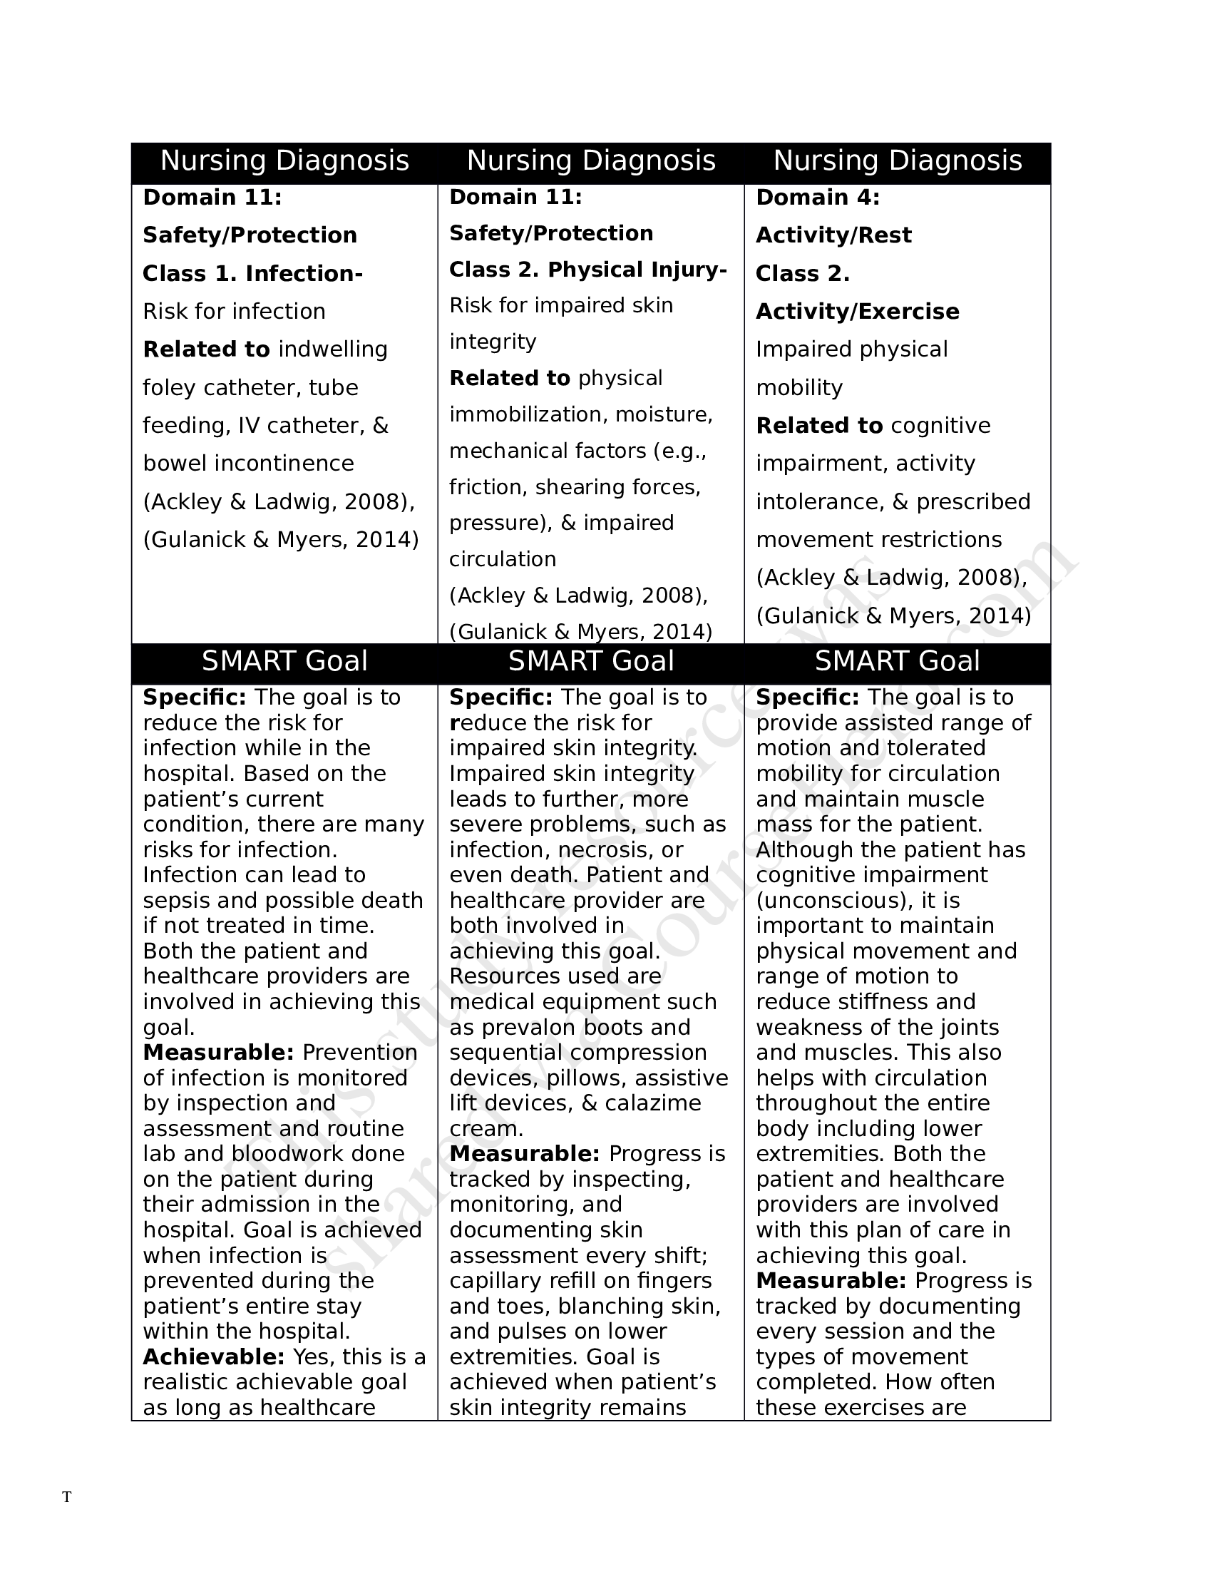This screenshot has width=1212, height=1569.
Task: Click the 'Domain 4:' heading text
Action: coord(817,197)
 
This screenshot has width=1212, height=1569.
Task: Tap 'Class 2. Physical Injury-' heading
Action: coord(587,270)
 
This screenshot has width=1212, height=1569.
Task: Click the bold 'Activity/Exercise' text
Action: coord(856,311)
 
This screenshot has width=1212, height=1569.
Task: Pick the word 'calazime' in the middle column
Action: coord(652,1103)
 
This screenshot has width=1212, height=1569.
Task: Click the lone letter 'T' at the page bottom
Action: coord(67,1497)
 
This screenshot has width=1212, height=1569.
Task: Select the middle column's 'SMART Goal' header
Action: coord(590,661)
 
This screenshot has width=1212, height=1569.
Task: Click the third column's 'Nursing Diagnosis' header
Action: coord(897,160)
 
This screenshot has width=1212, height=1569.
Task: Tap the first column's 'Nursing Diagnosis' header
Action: coord(284,160)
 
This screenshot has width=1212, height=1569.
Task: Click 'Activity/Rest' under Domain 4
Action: coord(833,235)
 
